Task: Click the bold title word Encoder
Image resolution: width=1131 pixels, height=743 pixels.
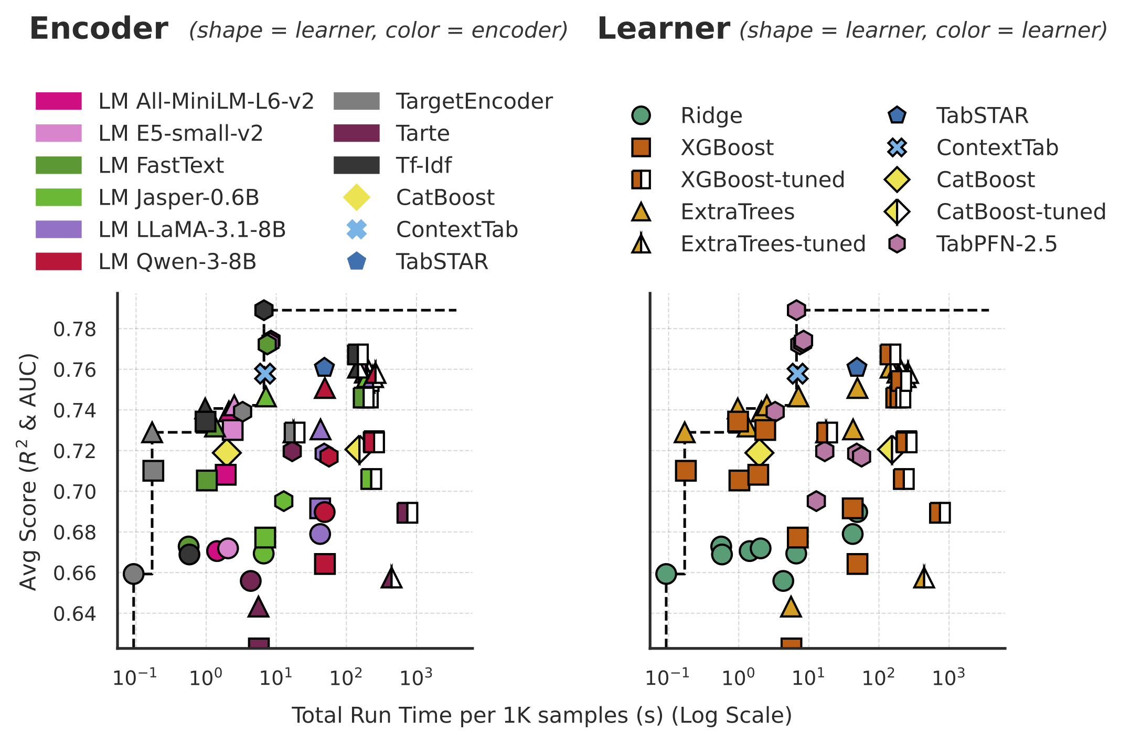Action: [99, 29]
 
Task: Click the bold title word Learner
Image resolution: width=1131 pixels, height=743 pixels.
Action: [663, 29]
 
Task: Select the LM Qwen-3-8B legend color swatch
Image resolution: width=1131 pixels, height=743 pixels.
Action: [58, 261]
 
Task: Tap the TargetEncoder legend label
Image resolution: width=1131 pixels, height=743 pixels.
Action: [474, 101]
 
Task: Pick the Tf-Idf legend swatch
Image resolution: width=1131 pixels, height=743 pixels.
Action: [356, 165]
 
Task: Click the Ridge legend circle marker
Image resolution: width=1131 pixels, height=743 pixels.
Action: [641, 115]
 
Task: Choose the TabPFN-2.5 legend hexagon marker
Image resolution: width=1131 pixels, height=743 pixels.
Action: [897, 244]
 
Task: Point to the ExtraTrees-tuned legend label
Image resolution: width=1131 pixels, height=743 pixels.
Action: [773, 244]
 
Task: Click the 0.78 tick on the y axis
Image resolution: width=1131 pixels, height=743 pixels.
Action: [75, 330]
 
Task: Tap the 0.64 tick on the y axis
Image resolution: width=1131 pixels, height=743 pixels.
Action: [75, 613]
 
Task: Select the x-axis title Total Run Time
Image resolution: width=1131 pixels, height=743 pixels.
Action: [541, 715]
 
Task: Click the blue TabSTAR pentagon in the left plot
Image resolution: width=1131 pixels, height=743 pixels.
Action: [324, 368]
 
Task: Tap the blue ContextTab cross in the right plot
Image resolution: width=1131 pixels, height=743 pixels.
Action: [797, 374]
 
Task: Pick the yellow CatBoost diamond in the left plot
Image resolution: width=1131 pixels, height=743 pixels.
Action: [227, 452]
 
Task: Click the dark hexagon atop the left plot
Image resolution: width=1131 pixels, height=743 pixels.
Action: [264, 310]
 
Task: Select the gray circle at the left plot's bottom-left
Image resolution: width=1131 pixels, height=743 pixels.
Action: [134, 574]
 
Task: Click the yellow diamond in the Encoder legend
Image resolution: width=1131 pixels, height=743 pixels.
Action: [356, 197]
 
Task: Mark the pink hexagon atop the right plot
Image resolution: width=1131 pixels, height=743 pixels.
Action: [796, 310]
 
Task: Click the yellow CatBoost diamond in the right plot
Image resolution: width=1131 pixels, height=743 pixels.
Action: [759, 452]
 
